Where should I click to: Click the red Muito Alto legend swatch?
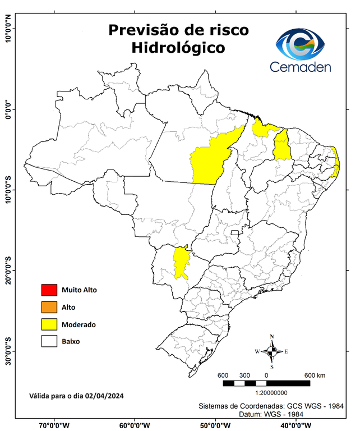coord(49,290)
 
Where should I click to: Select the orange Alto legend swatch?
coord(49,307)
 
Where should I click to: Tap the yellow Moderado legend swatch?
coord(49,324)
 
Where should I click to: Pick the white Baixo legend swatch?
coord(49,341)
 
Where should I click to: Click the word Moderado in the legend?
coord(79,324)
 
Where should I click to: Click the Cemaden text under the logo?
coord(301,67)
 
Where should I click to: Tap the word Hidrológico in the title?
coord(178,48)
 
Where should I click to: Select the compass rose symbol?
coord(272,352)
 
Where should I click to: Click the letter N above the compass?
coord(272,337)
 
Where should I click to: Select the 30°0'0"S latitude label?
coord(8,351)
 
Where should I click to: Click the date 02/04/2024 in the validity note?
coord(105,396)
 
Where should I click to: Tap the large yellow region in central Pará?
coord(210,160)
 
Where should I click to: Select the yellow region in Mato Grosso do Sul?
coord(181,262)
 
